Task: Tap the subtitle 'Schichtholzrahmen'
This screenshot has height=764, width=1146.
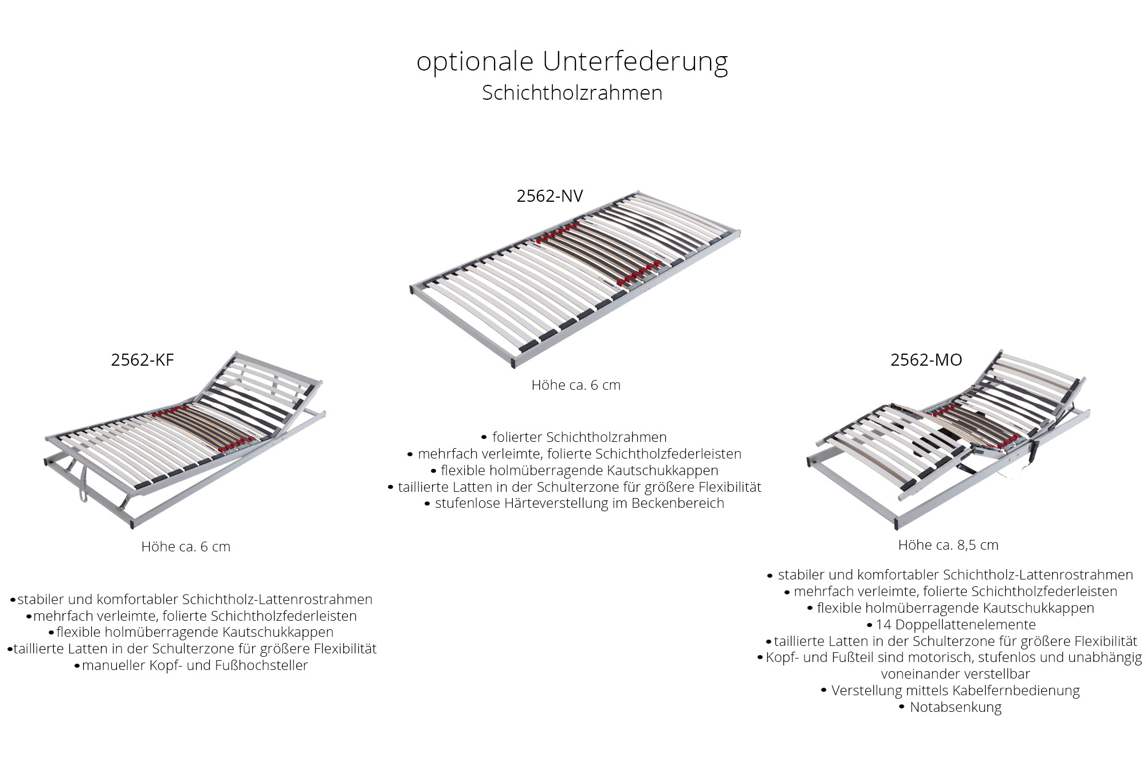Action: pyautogui.click(x=572, y=93)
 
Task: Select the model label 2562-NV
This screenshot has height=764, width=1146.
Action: pyautogui.click(x=550, y=196)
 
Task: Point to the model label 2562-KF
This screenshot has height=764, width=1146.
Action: pyautogui.click(x=142, y=359)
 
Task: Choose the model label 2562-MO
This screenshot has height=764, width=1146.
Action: pyautogui.click(x=926, y=359)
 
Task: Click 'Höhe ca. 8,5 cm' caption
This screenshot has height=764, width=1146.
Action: pyautogui.click(x=948, y=545)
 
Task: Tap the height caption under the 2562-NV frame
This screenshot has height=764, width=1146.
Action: pyautogui.click(x=576, y=385)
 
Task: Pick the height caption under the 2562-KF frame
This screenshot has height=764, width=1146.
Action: pyautogui.click(x=186, y=547)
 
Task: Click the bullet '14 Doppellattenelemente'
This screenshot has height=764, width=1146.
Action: pyautogui.click(x=951, y=625)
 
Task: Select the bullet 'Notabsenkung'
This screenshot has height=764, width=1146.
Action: pyautogui.click(x=951, y=707)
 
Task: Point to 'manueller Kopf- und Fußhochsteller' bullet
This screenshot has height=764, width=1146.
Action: pyautogui.click(x=191, y=665)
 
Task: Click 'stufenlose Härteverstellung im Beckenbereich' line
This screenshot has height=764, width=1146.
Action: pyautogui.click(x=575, y=503)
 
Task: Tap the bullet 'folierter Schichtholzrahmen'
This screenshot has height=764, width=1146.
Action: pyautogui.click(x=575, y=437)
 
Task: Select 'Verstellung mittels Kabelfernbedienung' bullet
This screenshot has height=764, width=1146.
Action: pyautogui.click(x=951, y=691)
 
